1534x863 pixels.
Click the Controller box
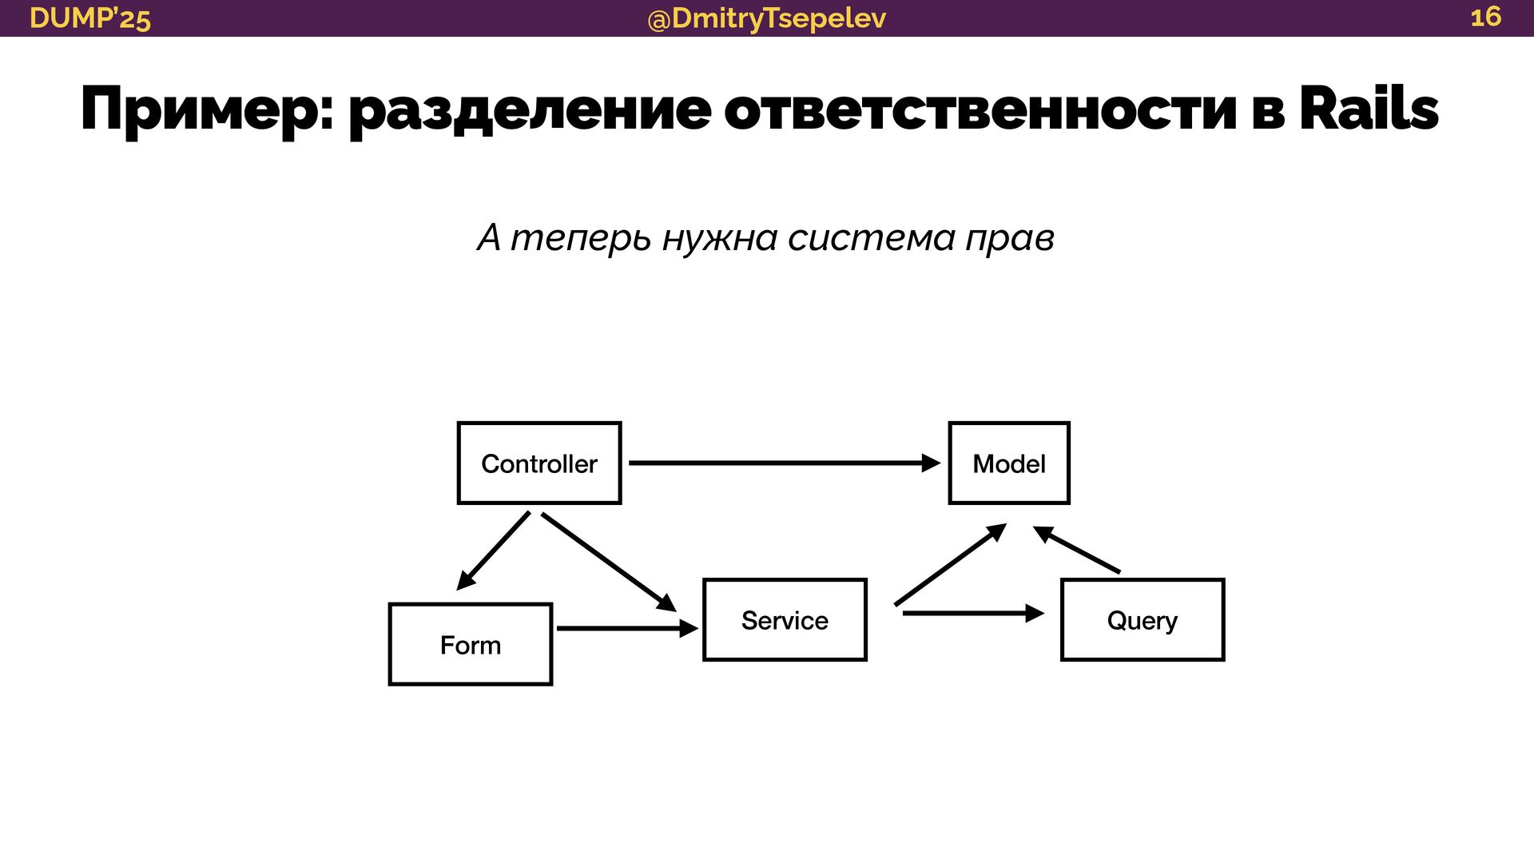point(539,463)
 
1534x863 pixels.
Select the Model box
point(1008,463)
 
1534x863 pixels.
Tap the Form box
point(470,644)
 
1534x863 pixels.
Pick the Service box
point(785,620)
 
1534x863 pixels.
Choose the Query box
point(1142,620)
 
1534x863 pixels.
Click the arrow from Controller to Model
point(783,463)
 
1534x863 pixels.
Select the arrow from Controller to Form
point(494,551)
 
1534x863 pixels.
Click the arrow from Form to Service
point(626,629)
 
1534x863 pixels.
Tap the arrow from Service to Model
point(949,565)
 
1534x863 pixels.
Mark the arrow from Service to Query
point(972,613)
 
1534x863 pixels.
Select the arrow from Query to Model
point(1077,550)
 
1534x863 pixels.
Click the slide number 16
point(1485,17)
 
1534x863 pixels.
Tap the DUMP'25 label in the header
point(89,18)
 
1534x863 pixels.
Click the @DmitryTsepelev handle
point(766,18)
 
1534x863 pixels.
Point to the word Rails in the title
point(1368,109)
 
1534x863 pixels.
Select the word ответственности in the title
point(981,110)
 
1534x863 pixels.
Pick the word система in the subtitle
point(871,237)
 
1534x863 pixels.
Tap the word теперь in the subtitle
point(581,237)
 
